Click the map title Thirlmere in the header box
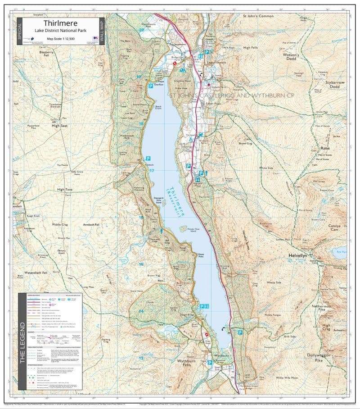(x=60, y=23)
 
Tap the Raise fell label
(x=324, y=148)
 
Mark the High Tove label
(x=64, y=190)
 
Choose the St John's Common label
(x=257, y=16)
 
